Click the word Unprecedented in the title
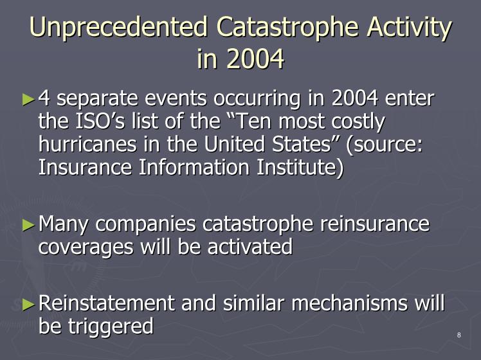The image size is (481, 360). tap(119, 26)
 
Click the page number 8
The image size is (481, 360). tap(459, 335)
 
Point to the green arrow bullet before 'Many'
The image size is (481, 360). tap(28, 226)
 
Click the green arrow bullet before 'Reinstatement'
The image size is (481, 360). tap(28, 305)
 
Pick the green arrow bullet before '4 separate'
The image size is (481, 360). tap(28, 100)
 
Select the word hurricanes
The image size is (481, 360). tap(87, 144)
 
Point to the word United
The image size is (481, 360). tap(234, 144)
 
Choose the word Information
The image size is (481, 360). tap(194, 167)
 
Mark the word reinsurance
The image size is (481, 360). tap(374, 224)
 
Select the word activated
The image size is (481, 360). tap(250, 247)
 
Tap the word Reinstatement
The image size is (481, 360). tap(107, 303)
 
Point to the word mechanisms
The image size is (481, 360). tap(349, 303)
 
